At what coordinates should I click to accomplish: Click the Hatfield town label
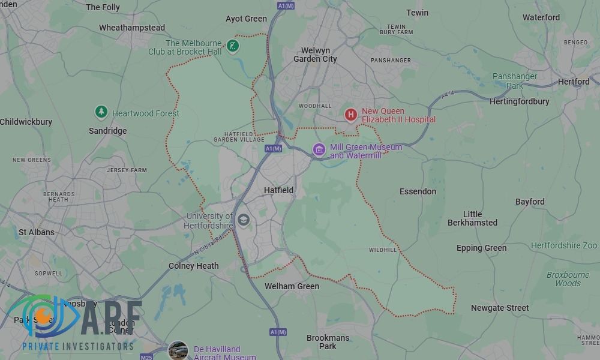[x=279, y=190]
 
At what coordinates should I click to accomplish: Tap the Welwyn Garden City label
[x=315, y=55]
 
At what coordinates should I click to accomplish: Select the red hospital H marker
[x=351, y=114]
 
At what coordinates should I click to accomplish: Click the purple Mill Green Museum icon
[x=319, y=149]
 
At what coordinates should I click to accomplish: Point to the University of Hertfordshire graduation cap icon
[x=243, y=220]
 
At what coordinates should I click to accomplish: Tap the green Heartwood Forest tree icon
[x=101, y=112]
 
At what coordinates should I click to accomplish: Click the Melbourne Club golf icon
[x=233, y=46]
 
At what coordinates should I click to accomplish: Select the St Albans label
[x=37, y=232]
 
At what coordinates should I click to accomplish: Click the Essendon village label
[x=418, y=191]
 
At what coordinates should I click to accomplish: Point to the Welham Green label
[x=292, y=286]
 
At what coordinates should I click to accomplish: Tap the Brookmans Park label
[x=328, y=342]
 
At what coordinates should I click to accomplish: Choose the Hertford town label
[x=574, y=82]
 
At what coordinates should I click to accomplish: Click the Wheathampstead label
[x=132, y=28]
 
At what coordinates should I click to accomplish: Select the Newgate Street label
[x=500, y=308]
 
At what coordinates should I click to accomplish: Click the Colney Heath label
[x=194, y=266]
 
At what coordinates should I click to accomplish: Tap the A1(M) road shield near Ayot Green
[x=286, y=5]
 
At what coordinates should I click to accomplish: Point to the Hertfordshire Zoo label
[x=564, y=245]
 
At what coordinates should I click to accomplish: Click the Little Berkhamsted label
[x=472, y=218]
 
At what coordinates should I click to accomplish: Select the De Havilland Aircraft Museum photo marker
[x=178, y=350]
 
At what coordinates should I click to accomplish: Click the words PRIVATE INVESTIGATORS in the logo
[x=78, y=346]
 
